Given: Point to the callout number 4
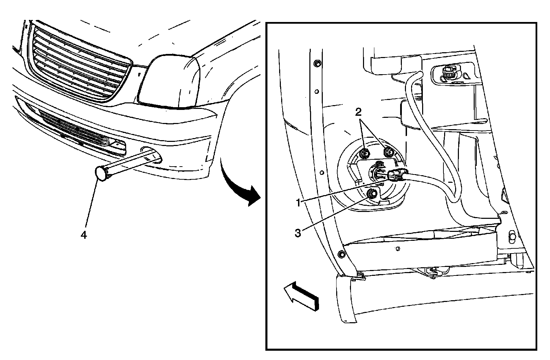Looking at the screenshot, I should (x=83, y=235).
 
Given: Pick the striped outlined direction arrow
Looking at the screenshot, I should (x=301, y=296).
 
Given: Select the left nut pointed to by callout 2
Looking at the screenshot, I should (x=365, y=153).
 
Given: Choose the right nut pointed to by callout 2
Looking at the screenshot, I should (x=388, y=151).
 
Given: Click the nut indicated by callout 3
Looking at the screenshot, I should (x=371, y=194).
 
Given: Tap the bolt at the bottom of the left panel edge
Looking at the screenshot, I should (x=341, y=254).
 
